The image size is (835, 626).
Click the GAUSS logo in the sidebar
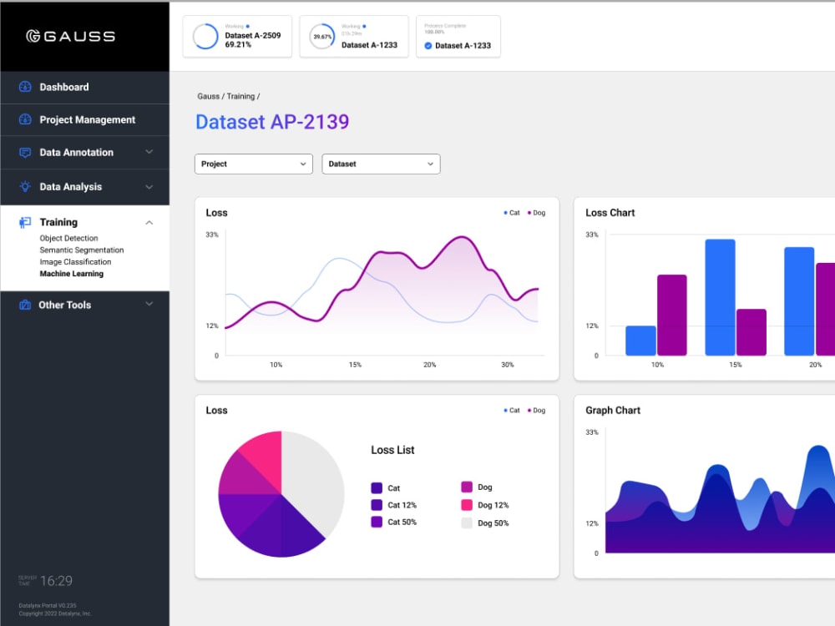70,36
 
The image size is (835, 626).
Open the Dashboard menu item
63,87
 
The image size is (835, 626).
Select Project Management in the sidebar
87,119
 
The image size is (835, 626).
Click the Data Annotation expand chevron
149,152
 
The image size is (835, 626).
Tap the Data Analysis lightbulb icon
25,187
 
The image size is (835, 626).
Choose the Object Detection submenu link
68,239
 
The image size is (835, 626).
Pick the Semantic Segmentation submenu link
81,250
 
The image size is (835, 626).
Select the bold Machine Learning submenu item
71,274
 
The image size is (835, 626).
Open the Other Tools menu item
64,305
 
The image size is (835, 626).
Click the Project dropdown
253,164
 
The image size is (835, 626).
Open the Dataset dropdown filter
381,164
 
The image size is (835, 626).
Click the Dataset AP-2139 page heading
272,122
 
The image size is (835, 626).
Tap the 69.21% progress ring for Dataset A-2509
205,37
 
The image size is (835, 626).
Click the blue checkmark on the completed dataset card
428,46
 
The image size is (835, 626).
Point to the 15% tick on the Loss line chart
355,365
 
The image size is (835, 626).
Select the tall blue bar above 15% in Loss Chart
720,297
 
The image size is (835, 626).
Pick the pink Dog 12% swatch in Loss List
467,505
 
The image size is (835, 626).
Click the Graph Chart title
613,411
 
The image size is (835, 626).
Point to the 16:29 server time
56,581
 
